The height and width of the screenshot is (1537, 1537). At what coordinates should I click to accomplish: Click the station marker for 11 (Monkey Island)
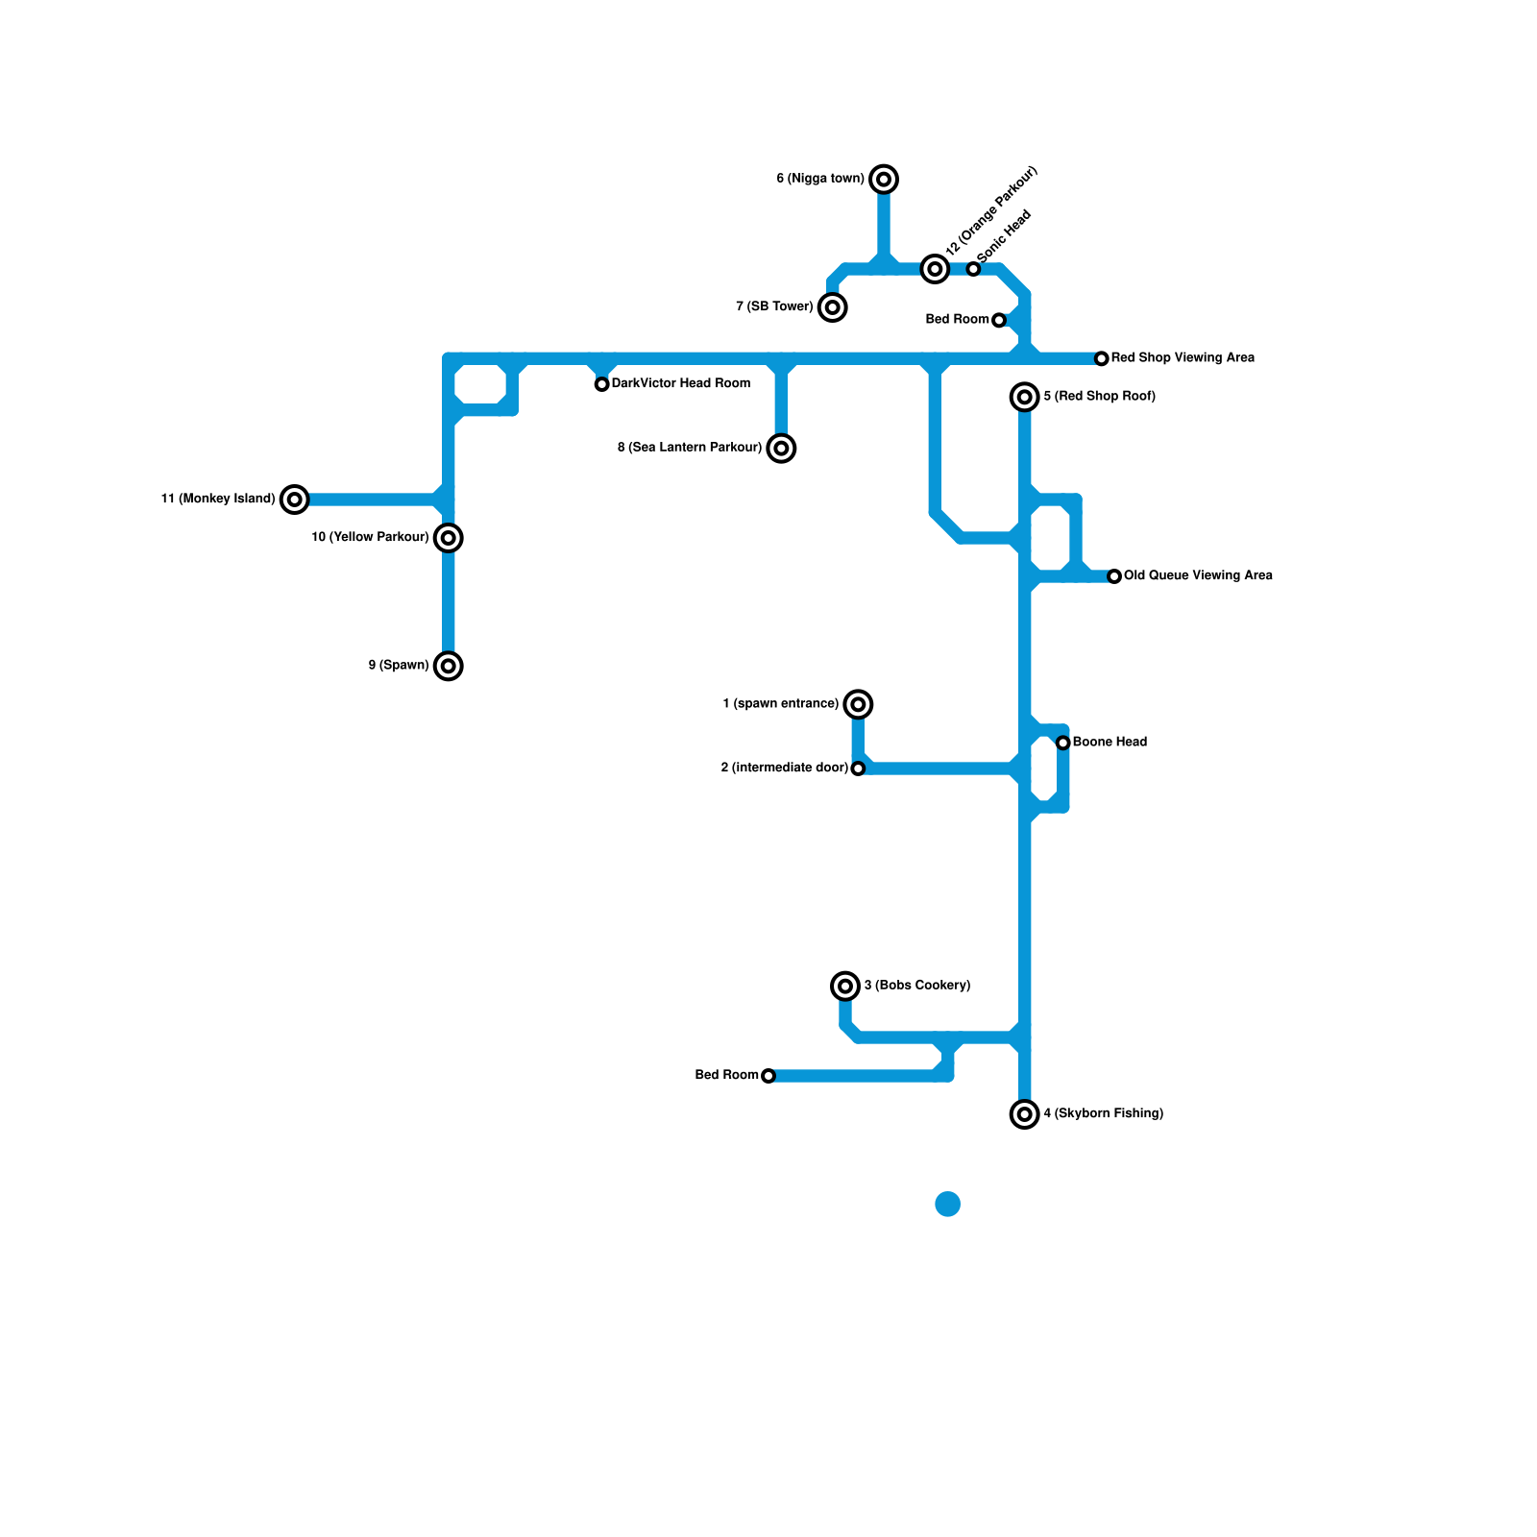point(295,500)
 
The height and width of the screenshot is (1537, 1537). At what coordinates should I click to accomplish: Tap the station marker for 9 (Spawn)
point(449,666)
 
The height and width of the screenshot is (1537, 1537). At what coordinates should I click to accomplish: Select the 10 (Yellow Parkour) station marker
point(449,538)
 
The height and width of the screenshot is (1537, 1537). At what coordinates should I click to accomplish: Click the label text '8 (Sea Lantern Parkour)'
point(689,448)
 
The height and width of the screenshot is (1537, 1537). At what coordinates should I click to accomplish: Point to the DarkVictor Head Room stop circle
point(601,384)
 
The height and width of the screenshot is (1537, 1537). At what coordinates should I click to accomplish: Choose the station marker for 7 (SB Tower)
point(833,307)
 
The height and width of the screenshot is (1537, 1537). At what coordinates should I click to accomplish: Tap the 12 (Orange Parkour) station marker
point(935,269)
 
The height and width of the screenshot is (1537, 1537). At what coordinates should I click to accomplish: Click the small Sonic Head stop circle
point(973,269)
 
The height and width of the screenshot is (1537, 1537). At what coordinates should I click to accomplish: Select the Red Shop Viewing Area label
point(1183,358)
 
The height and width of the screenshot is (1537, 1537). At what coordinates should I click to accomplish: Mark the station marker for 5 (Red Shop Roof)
point(1025,397)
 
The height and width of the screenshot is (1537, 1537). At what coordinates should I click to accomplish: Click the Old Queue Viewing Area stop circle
point(1114,576)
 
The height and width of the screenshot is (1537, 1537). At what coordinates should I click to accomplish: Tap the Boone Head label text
point(1110,743)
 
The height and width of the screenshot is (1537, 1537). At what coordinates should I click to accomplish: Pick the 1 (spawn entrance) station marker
point(858,704)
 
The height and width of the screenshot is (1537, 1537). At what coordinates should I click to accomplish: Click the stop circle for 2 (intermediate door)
point(858,768)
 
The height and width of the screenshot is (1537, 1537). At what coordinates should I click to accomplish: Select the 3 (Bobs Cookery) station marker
point(845,986)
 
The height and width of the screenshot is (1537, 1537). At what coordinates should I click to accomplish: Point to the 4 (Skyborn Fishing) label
point(1103,1114)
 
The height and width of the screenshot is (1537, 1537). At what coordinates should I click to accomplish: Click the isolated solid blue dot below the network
point(948,1204)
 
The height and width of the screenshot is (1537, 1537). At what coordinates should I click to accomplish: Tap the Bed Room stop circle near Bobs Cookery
point(768,1076)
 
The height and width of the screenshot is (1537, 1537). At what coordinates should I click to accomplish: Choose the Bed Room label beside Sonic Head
point(957,320)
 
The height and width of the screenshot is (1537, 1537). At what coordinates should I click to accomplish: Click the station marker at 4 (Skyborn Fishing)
point(1025,1114)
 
